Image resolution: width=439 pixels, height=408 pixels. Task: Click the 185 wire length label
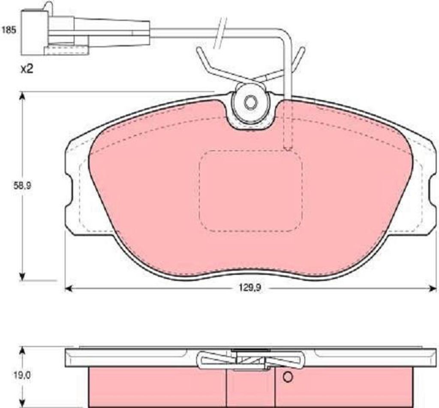pyautogui.click(x=9, y=30)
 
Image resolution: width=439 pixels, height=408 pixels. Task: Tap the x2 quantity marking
pyautogui.click(x=27, y=69)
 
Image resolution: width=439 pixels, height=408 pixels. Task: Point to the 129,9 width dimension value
pyautogui.click(x=250, y=288)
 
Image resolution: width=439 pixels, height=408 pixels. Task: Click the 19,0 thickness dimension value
pyautogui.click(x=23, y=375)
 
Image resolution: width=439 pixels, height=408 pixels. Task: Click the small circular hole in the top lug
pyautogui.click(x=250, y=103)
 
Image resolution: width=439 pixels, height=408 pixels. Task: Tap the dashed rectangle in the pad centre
pyautogui.click(x=251, y=191)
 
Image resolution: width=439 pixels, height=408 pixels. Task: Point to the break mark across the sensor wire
pyautogui.click(x=220, y=33)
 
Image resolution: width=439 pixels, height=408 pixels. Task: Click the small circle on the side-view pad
pyautogui.click(x=288, y=377)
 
